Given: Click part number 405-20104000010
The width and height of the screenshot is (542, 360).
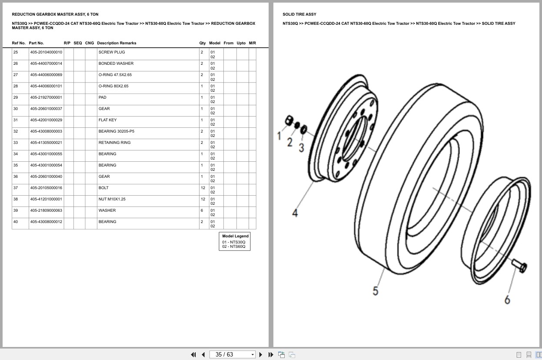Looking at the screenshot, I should [46, 52].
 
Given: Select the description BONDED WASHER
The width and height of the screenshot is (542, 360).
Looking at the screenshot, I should [116, 63].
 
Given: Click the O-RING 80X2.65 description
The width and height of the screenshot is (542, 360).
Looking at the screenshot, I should [113, 86].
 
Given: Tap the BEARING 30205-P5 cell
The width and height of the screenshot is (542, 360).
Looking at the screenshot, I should [116, 131].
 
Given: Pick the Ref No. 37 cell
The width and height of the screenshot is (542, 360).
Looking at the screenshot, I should [16, 188].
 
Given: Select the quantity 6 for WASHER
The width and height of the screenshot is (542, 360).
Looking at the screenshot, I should [202, 210].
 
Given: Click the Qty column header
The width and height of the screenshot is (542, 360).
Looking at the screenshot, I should [203, 43].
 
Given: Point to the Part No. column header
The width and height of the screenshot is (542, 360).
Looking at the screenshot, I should [36, 43].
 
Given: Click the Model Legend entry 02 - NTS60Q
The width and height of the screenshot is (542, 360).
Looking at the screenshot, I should [234, 247].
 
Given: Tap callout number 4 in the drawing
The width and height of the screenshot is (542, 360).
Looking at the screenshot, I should [295, 213].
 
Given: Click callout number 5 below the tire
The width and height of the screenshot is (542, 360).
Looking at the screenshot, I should [376, 291].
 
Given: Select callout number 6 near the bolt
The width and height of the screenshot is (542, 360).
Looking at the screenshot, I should [507, 300].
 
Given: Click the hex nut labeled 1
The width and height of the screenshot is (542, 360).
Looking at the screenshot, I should [288, 120].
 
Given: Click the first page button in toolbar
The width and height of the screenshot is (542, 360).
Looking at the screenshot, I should [193, 354].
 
